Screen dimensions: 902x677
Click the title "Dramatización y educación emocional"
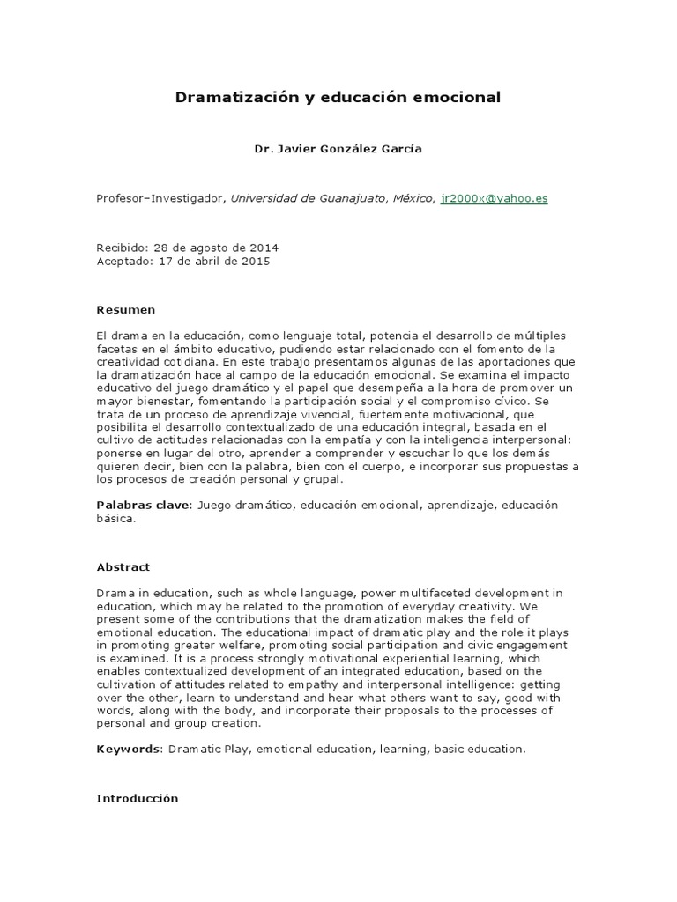pos(338,98)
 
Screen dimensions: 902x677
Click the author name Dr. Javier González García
pos(338,149)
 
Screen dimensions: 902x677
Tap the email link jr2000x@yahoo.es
pos(495,199)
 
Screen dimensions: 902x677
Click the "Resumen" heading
pos(125,310)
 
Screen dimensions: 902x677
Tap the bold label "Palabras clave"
pos(144,506)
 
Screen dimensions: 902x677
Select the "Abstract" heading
pos(123,567)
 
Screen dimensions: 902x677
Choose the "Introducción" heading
pos(137,799)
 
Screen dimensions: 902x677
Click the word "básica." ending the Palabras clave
pos(116,519)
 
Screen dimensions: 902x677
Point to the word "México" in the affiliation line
pos(413,199)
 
